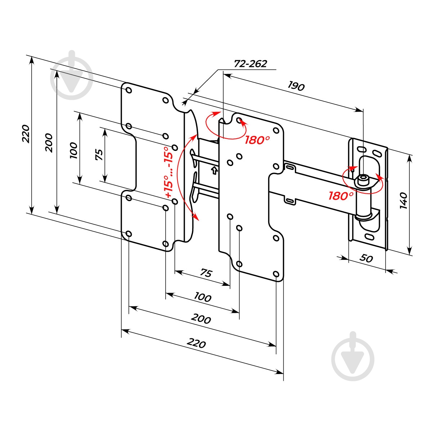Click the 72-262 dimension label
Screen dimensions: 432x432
(251, 64)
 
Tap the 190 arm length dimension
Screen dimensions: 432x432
(296, 86)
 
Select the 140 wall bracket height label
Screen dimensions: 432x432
(403, 200)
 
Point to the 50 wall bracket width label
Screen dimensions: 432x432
(366, 258)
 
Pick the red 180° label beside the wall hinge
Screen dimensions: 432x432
(341, 196)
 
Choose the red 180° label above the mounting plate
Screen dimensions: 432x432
(257, 140)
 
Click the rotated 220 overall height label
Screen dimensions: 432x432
(26, 134)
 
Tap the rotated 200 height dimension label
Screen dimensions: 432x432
(49, 143)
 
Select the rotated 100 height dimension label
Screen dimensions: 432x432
(73, 150)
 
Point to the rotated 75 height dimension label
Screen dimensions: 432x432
(99, 154)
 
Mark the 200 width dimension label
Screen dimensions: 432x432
(201, 319)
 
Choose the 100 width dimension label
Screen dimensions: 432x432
(202, 297)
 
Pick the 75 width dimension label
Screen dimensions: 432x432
(206, 273)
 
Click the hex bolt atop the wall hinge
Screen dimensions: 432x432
(363, 180)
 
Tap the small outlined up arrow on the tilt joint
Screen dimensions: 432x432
(215, 170)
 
